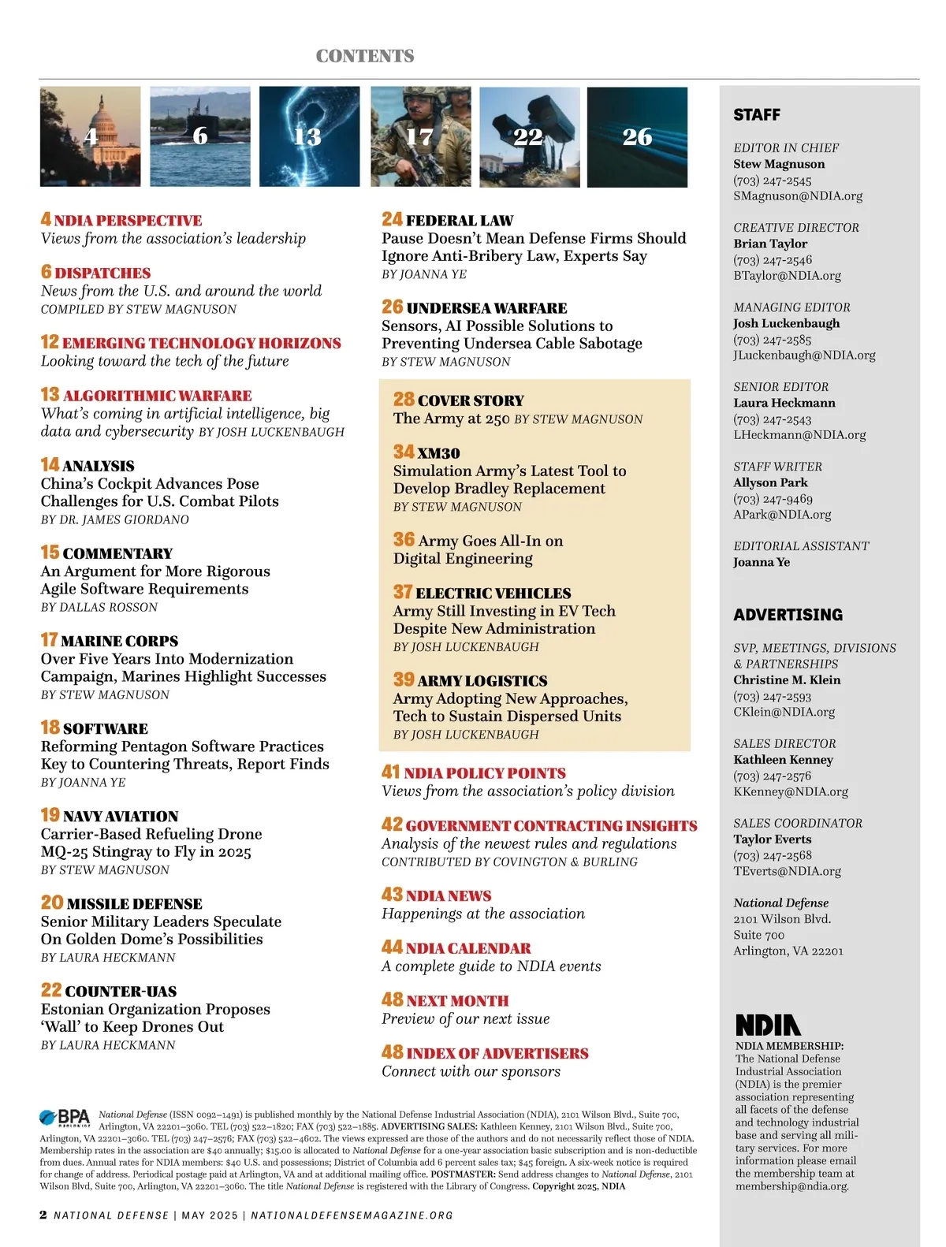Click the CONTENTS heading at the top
(x=365, y=56)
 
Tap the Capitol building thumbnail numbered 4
(x=91, y=136)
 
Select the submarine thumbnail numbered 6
(x=200, y=136)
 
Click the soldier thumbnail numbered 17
(x=421, y=136)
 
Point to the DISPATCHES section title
(x=102, y=273)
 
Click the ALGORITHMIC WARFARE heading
(x=157, y=396)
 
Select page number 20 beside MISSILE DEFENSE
(x=52, y=903)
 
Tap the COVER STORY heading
(x=471, y=400)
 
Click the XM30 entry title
(x=438, y=453)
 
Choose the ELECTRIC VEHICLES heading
(x=493, y=594)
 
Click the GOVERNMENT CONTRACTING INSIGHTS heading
(x=551, y=826)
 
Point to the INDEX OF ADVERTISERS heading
(x=497, y=1053)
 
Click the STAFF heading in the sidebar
(x=757, y=115)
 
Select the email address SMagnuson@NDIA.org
(x=798, y=195)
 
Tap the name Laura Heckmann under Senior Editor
(x=784, y=403)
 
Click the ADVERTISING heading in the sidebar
(x=788, y=615)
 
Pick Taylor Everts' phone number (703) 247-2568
(x=772, y=855)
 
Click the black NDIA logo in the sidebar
(x=768, y=1025)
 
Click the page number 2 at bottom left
(x=43, y=1215)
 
